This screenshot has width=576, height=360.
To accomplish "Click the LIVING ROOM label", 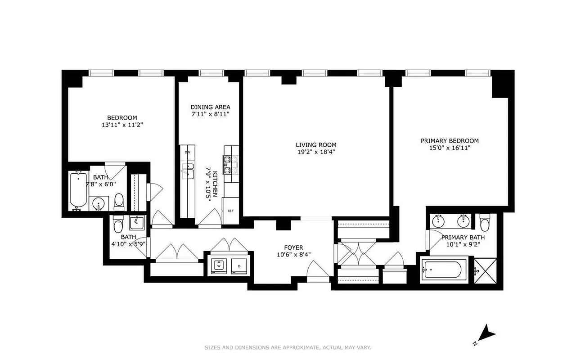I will pyautogui.click(x=316, y=144).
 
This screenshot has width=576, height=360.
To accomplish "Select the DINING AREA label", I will pyautogui.click(x=210, y=107).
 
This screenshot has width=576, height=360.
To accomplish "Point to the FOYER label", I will pyautogui.click(x=293, y=247).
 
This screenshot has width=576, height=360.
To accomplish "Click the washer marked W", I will pyautogui.click(x=219, y=266).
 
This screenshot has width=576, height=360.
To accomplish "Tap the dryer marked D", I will pyautogui.click(x=238, y=266).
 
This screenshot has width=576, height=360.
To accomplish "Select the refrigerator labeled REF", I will pyautogui.click(x=230, y=210).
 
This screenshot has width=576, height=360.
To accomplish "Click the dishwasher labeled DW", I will pyautogui.click(x=187, y=152).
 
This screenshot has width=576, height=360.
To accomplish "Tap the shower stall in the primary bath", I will pyautogui.click(x=485, y=270).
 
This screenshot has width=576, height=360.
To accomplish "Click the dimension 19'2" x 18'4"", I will pyautogui.click(x=316, y=152).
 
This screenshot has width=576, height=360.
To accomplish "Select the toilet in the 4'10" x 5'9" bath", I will pyautogui.click(x=118, y=225).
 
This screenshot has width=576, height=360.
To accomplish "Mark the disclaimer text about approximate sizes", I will pyautogui.click(x=288, y=347).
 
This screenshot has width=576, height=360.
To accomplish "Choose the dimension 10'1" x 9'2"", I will pyautogui.click(x=463, y=245).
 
